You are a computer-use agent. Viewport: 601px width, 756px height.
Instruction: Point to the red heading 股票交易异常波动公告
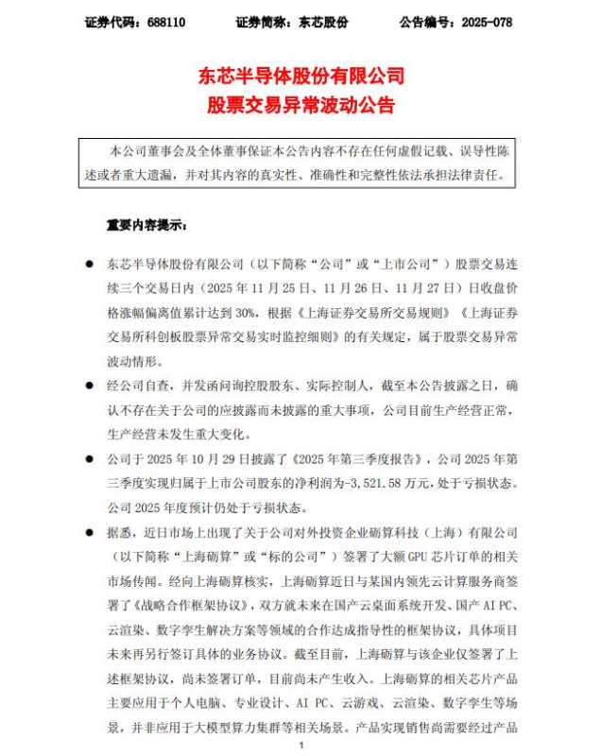300,104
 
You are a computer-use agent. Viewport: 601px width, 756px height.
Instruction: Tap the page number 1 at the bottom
300,746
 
